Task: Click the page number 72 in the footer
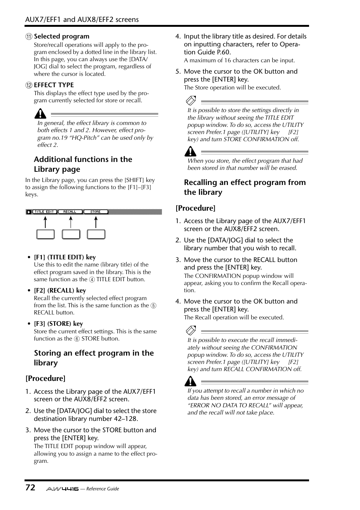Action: (x=30, y=487)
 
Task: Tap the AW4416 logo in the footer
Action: (x=62, y=489)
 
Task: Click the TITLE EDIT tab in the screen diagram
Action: (x=45, y=212)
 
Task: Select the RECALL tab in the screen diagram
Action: (x=70, y=212)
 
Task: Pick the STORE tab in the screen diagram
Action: (x=95, y=212)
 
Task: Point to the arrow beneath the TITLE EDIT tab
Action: (x=45, y=222)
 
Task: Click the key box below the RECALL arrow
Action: (x=71, y=234)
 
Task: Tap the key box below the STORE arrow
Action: (x=96, y=234)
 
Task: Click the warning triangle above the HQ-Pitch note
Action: (x=40, y=113)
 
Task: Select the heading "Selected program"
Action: (x=62, y=36)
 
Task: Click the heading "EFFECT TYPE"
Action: (x=54, y=85)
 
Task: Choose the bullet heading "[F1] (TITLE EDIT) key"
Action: (x=65, y=257)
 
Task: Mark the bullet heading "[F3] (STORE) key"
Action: (x=58, y=324)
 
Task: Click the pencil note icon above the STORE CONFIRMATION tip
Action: (x=191, y=100)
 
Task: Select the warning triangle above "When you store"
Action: (x=190, y=151)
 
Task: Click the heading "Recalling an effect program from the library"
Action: (x=245, y=187)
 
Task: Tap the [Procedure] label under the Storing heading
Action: (x=45, y=378)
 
